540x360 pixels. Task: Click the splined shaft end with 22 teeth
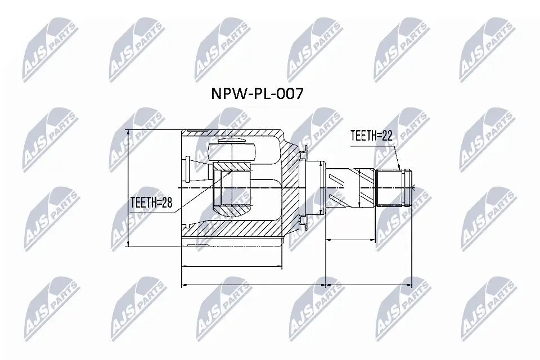point(391,187)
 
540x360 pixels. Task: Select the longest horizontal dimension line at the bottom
point(296,285)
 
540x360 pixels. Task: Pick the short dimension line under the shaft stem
point(351,240)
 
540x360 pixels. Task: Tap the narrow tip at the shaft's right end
point(412,187)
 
